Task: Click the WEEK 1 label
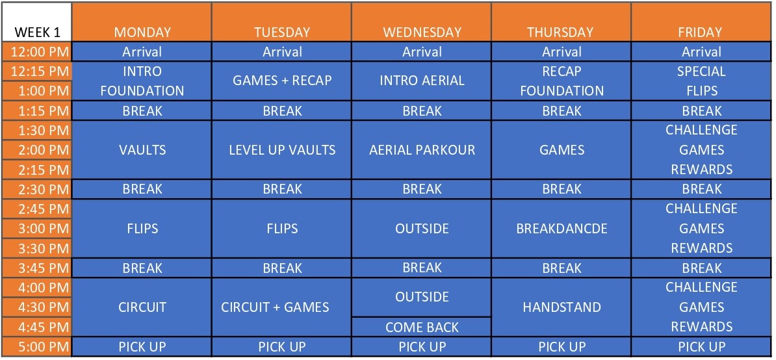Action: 38,32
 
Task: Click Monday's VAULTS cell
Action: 142,150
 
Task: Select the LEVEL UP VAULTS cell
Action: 282,150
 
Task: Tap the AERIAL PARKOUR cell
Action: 422,150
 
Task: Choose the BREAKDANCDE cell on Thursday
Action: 562,229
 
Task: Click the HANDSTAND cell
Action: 562,307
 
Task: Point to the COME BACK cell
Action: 422,327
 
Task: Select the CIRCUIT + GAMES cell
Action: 282,307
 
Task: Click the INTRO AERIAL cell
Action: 422,81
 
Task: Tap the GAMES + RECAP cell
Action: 282,81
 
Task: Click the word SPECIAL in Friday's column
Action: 701,71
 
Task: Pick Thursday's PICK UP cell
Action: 562,346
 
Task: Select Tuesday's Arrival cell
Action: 282,52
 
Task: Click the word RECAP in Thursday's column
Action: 562,71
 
